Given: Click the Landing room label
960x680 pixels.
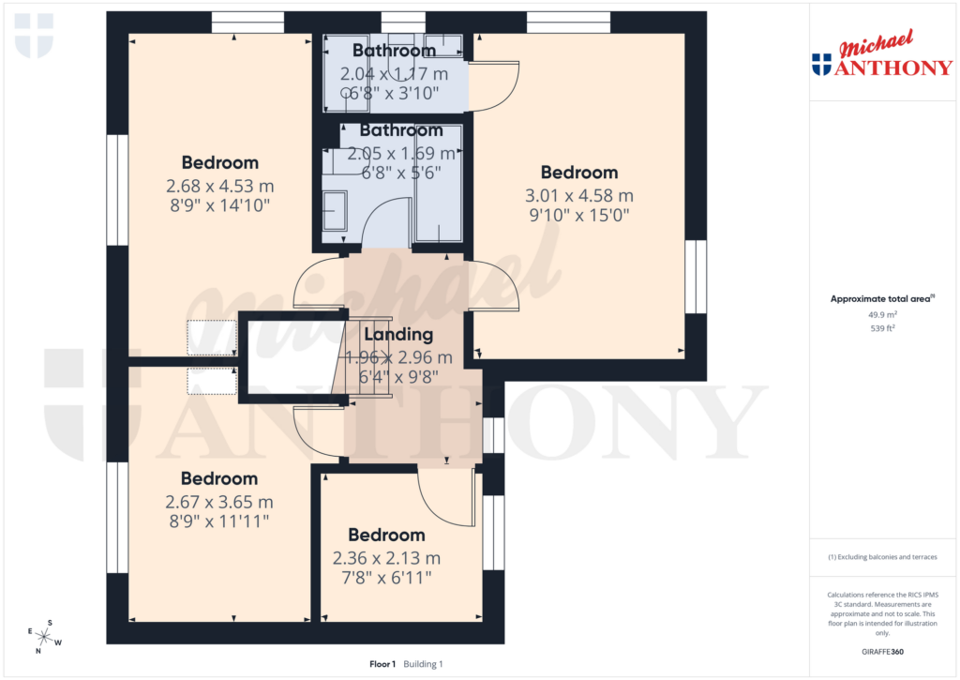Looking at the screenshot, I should click(398, 334).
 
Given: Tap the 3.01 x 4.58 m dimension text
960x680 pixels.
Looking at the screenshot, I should click(579, 196).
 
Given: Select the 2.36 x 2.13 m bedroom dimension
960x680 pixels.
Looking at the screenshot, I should click(386, 558).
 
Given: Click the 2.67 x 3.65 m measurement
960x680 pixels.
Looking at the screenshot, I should click(219, 502).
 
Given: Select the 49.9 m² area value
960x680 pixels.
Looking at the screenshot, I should click(880, 316).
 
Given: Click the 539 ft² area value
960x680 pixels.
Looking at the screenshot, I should click(880, 329).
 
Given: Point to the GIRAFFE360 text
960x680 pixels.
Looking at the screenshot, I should click(880, 652).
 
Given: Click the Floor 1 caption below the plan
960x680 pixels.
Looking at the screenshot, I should click(382, 664).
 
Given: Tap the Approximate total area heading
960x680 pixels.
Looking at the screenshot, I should click(880, 299).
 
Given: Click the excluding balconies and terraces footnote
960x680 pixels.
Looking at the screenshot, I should click(880, 557).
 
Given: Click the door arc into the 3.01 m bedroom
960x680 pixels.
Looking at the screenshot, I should click(495, 284).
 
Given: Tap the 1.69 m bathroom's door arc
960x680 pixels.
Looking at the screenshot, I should click(384, 225).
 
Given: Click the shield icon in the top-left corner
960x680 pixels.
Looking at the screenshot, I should click(34, 35).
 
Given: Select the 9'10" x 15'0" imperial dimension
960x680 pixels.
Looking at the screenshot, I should click(579, 215).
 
